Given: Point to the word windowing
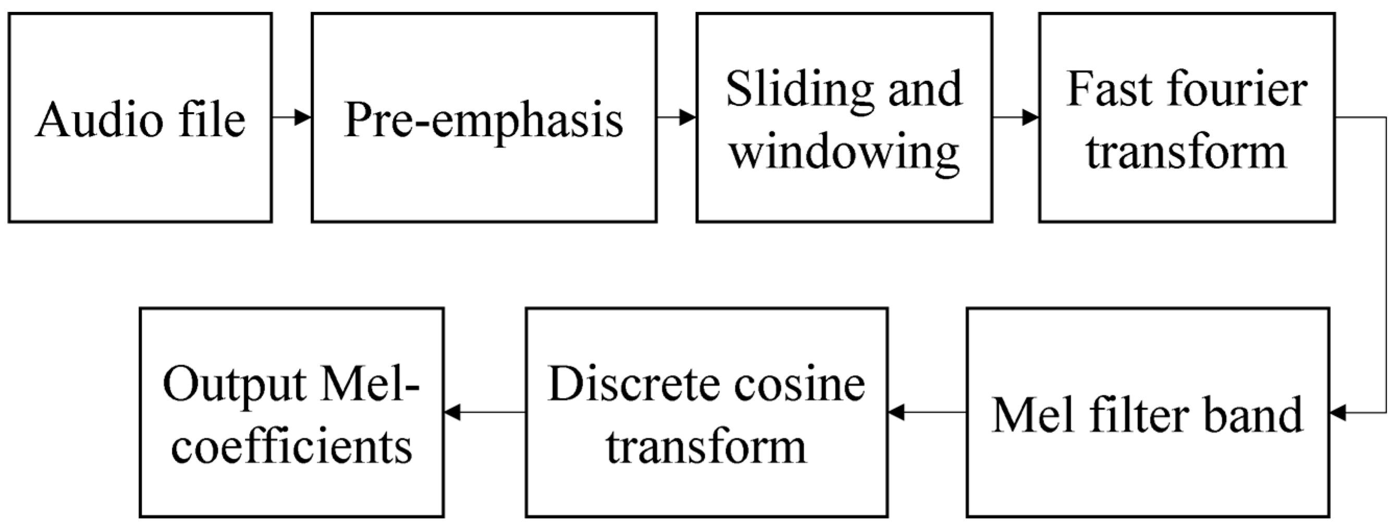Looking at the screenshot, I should pos(844,154).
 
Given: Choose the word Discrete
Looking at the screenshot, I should pos(633,385).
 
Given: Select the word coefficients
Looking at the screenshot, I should pos(292,448).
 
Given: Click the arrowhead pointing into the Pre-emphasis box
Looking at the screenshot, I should pos(303,117).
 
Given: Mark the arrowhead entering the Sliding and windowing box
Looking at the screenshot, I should pos(688,117).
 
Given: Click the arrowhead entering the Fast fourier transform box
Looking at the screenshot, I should pos(1030,117).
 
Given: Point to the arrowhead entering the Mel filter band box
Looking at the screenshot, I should pos(1337,413).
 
